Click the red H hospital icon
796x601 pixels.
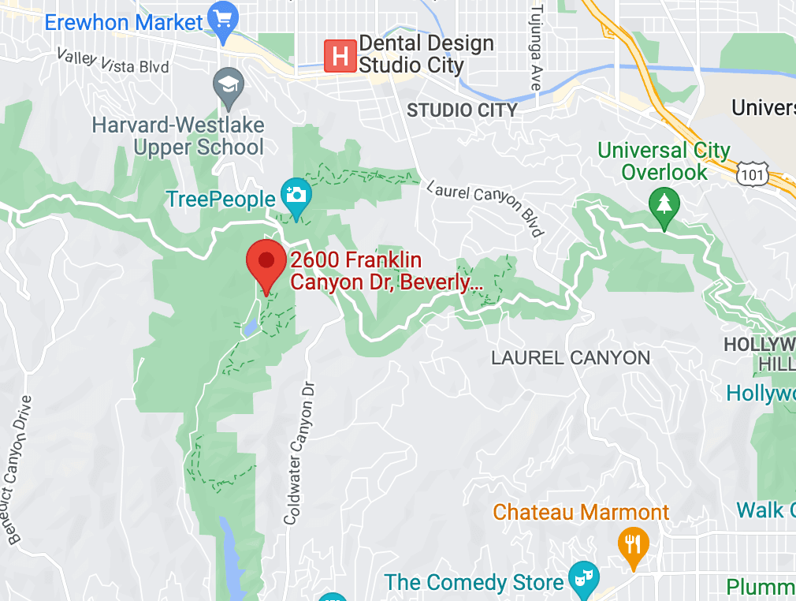[x=340, y=56]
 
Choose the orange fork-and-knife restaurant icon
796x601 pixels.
[x=633, y=545]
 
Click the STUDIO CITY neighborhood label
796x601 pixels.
[x=462, y=110]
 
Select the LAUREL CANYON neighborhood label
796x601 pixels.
[x=571, y=358]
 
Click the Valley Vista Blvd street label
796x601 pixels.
[x=113, y=61]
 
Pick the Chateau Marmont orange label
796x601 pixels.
[x=581, y=512]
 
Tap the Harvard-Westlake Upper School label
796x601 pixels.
[x=178, y=136]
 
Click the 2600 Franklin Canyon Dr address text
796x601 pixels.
[x=386, y=271]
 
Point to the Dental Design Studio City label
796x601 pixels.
[x=426, y=54]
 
